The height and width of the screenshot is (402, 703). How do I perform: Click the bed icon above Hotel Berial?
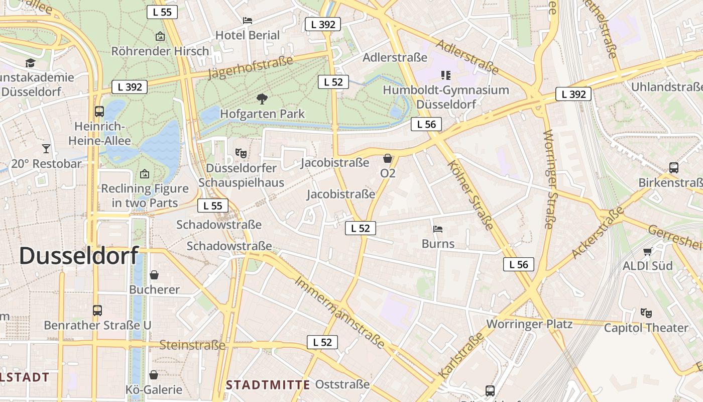coord(248,21)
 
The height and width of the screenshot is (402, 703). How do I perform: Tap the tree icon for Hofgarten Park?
coord(262,98)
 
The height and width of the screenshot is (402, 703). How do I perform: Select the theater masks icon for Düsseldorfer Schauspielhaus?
coord(241,152)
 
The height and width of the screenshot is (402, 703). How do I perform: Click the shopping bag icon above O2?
coord(388,159)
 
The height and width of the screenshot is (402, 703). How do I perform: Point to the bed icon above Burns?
coord(438,229)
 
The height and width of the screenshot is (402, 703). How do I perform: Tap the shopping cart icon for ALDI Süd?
coord(648,251)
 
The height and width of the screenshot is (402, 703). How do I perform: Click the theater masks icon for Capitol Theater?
coord(646,313)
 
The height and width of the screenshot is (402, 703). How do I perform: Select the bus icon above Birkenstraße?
coord(674,168)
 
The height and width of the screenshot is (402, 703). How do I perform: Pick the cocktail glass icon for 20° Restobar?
coord(46,149)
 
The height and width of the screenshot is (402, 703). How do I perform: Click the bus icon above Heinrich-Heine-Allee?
coord(99,111)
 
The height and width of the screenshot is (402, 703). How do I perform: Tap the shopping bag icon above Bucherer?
coord(154,275)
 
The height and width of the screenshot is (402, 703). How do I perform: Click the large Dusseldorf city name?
coord(78,256)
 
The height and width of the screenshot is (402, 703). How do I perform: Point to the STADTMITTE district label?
coord(268,385)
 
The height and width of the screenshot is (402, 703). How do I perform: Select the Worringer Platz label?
coord(529,324)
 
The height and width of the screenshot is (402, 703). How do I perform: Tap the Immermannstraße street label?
coord(339,313)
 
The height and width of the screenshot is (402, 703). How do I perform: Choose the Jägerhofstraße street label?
coord(250,68)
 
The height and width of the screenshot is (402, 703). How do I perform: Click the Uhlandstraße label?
coord(666,87)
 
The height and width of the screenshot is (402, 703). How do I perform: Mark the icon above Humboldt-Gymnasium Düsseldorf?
coord(446,75)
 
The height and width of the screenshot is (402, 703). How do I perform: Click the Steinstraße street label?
coord(192,345)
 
